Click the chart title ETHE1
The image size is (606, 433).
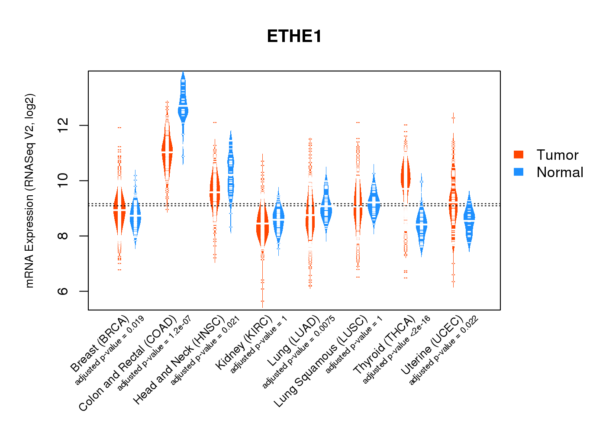(x=294, y=36)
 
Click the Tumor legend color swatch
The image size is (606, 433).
(x=518, y=155)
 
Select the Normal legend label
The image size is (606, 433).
(x=560, y=172)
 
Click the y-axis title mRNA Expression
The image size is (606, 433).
(x=29, y=191)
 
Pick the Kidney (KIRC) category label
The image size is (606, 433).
(x=244, y=342)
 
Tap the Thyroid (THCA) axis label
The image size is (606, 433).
(x=384, y=345)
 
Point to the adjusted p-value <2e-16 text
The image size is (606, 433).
(x=396, y=349)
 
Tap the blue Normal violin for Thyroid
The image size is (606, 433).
(x=421, y=225)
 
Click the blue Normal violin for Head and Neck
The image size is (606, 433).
(x=231, y=173)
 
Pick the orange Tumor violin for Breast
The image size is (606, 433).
(x=119, y=208)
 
